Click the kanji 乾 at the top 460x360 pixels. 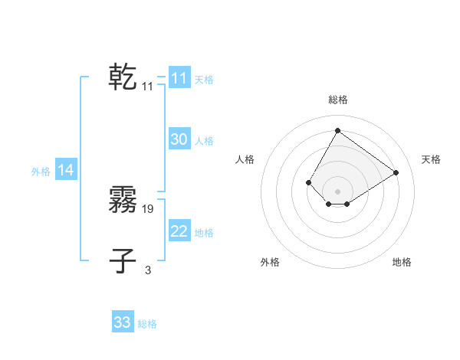click(123, 77)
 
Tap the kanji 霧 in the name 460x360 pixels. click(123, 200)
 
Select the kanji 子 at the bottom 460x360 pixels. click(123, 261)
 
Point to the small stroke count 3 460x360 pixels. click(148, 270)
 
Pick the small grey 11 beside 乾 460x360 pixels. click(148, 87)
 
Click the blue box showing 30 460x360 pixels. click(179, 139)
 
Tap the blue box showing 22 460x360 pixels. click(179, 231)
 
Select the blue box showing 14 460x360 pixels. click(66, 171)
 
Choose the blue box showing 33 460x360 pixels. click(123, 322)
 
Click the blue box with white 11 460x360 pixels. click(179, 78)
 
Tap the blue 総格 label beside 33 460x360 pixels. click(147, 324)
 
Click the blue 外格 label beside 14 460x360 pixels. click(41, 172)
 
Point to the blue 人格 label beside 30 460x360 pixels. click(204, 141)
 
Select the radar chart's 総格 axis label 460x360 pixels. click(337, 100)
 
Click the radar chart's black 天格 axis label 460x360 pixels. click(431, 159)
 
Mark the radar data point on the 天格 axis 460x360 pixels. click(396, 172)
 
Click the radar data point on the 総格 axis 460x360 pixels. click(337, 130)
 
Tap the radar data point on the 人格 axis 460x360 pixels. click(308, 182)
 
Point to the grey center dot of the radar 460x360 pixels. click(337, 191)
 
